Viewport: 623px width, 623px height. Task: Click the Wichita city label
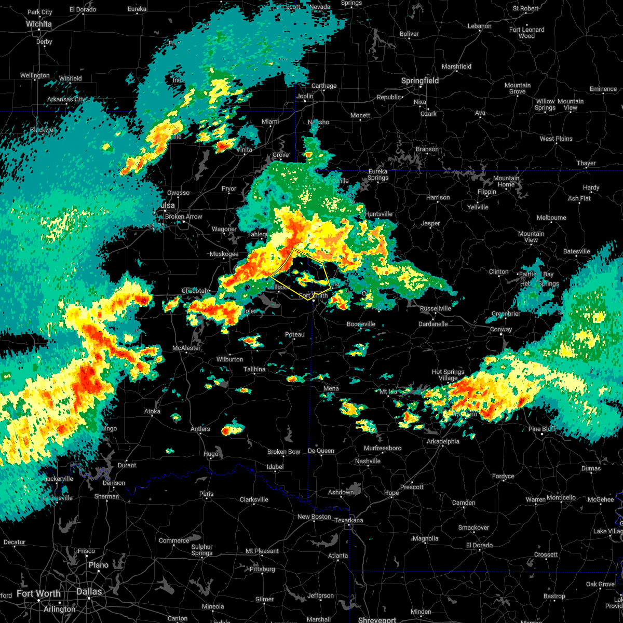tap(39, 24)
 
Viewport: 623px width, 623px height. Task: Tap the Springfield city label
tap(420, 81)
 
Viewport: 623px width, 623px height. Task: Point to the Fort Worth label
tap(38, 593)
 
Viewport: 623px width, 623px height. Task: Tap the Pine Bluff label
tap(542, 429)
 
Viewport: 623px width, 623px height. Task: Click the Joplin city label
tap(305, 96)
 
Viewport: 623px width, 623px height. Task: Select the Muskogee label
tap(224, 254)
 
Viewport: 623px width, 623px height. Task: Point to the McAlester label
tap(186, 348)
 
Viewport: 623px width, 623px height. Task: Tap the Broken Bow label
tap(284, 452)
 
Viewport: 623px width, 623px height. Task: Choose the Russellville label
tap(436, 308)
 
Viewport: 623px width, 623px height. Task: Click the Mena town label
tap(331, 388)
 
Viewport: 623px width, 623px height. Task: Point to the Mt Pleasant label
tap(263, 551)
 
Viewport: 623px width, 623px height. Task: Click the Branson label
tap(427, 149)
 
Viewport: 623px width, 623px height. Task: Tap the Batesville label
tap(576, 251)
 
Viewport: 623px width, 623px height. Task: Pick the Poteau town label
tap(295, 335)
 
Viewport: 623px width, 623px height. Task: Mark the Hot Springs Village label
tap(448, 375)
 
